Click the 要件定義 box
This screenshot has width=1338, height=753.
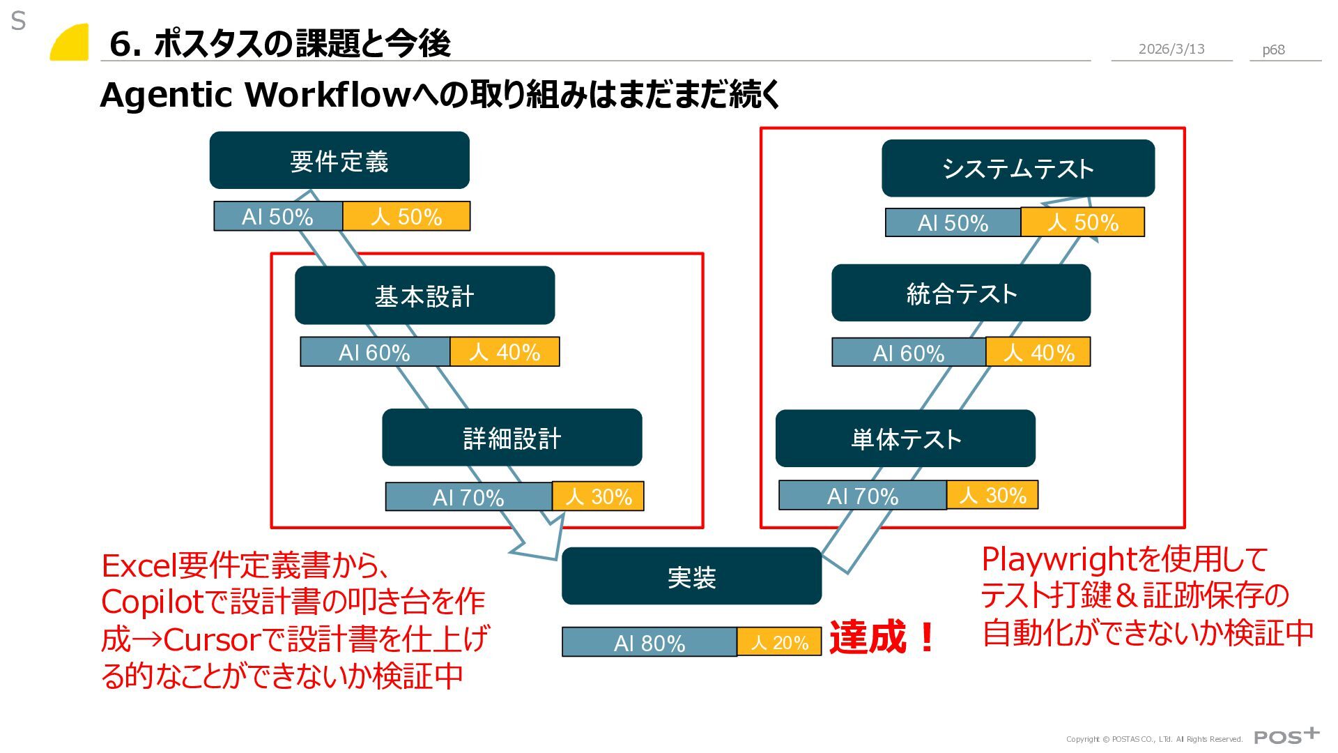click(x=339, y=160)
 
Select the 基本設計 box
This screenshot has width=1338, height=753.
click(x=424, y=296)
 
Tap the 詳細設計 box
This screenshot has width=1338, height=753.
click(x=512, y=438)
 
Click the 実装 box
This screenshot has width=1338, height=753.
click(x=691, y=577)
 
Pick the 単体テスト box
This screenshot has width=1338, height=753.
click(x=905, y=439)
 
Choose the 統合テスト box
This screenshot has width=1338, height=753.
click(x=961, y=294)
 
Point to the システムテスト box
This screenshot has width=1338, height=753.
click(x=1017, y=169)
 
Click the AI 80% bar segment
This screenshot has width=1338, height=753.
click(x=649, y=642)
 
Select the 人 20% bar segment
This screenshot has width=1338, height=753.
click(x=779, y=642)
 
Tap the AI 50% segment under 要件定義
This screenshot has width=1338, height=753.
click(x=277, y=217)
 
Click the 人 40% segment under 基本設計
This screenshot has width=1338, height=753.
click(x=505, y=352)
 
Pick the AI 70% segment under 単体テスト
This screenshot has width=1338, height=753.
click(x=862, y=496)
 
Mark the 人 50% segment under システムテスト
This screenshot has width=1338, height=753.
click(x=1082, y=222)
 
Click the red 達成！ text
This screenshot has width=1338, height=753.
click(x=882, y=637)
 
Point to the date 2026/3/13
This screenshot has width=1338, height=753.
click(x=1171, y=49)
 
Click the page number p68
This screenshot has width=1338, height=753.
click(x=1273, y=50)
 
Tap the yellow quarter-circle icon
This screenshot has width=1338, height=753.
click(x=70, y=43)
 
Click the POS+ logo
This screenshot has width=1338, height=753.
click(x=1286, y=736)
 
